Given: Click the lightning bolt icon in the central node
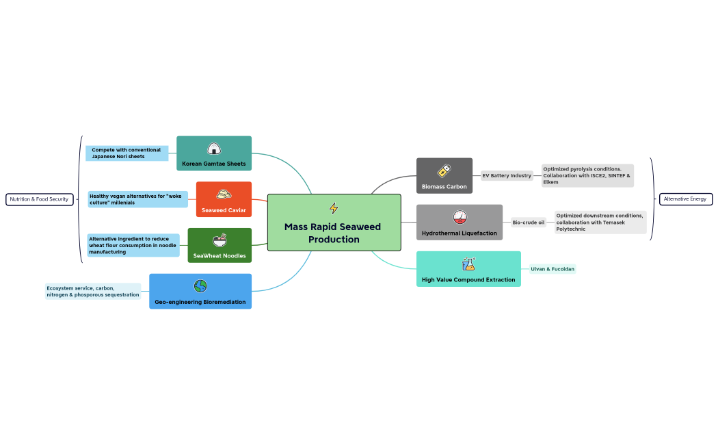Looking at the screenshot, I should click(334, 208).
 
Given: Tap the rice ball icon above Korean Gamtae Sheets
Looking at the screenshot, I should click(214, 148).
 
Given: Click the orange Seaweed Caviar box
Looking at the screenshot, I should click(224, 199).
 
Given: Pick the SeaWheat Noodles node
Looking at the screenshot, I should click(220, 246).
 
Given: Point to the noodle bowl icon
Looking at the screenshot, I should click(220, 240).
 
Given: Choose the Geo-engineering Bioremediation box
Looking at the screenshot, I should click(200, 292).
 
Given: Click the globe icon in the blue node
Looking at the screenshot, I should click(200, 286).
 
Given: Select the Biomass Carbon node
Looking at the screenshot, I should click(444, 176).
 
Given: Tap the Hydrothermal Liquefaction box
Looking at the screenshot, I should click(460, 222).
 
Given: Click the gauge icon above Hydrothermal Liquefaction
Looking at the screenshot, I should click(460, 217).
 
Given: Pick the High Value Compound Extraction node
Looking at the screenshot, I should click(468, 269).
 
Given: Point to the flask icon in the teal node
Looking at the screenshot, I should click(468, 264).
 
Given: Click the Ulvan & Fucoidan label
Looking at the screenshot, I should click(553, 269).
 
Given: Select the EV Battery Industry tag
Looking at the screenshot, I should click(507, 176).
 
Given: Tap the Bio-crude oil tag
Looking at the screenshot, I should click(529, 222).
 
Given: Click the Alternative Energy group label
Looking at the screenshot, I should click(685, 199).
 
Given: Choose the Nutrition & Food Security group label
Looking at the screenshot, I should click(39, 199).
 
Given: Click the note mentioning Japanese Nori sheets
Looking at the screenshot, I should click(127, 153).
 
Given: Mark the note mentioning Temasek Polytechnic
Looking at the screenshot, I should click(600, 222).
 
